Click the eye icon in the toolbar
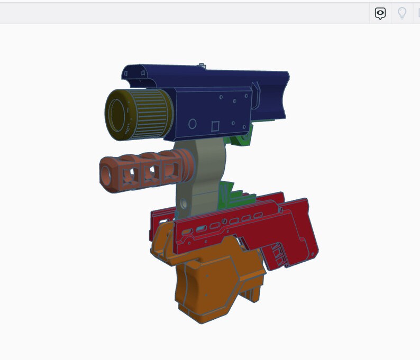tap(380, 13)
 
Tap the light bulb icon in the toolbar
tap(402, 13)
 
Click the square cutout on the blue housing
tap(215, 126)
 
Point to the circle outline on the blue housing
tap(193, 125)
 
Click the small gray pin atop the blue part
tap(202, 66)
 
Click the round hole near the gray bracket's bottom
tap(184, 204)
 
